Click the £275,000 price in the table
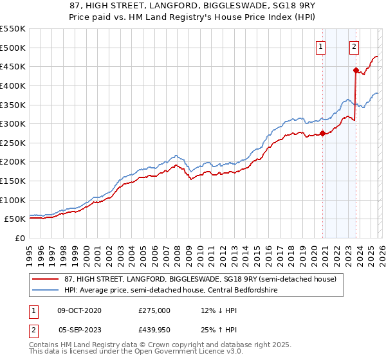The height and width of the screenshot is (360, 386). (154, 310)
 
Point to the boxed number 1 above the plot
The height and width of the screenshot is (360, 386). (320, 46)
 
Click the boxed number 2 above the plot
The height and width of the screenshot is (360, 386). (354, 46)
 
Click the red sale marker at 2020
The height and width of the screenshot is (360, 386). (323, 134)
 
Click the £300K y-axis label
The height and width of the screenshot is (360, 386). (13, 123)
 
